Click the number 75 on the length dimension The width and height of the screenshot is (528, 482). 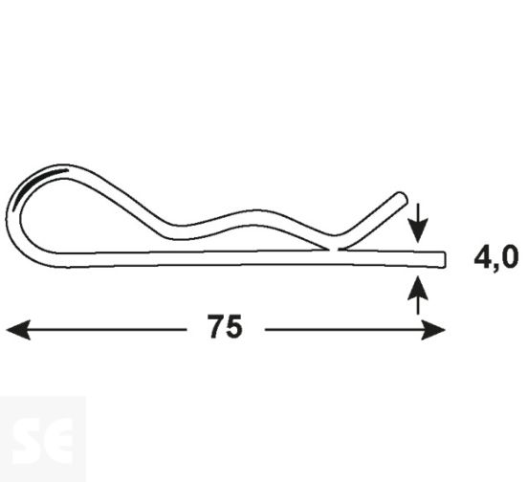(x=225, y=328)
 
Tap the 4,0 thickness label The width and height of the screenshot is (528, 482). (x=495, y=257)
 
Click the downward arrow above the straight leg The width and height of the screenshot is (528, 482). (x=418, y=230)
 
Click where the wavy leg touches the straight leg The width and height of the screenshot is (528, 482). (x=337, y=249)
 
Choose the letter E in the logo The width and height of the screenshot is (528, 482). (x=58, y=439)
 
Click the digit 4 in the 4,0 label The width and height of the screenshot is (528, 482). (x=482, y=257)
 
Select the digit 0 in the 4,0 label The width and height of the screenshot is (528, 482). (x=509, y=257)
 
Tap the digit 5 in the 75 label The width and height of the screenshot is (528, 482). (x=234, y=328)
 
